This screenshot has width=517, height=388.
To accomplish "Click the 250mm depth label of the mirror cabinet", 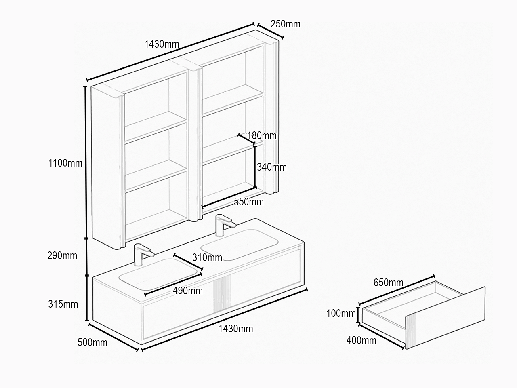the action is coord(286,24).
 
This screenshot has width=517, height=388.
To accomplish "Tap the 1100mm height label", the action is coord(65,163).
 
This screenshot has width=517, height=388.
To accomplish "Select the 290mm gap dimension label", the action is coord(62,255).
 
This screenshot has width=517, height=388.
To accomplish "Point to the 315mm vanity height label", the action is coord(63,304).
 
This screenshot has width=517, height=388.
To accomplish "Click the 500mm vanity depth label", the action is coord(92,342).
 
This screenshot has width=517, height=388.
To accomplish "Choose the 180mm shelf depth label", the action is coord(262,135).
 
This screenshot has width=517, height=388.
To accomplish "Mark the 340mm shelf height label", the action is coord(272,167).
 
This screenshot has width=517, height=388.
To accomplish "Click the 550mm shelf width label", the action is coord(249,202).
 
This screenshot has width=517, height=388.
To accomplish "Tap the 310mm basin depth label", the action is coord(207,257).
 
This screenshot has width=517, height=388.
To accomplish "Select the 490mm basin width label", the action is coord(188,291).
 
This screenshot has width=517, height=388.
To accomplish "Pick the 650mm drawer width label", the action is coord(389,283).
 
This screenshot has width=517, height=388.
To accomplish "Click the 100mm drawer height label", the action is coord(341,313).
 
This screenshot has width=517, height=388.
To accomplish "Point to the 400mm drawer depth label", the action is coord(361,340).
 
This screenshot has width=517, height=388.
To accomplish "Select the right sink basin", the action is coord(240,245).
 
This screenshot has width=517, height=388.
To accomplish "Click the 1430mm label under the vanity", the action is coord(235,329).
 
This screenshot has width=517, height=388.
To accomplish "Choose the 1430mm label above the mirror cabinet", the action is coord(162,44).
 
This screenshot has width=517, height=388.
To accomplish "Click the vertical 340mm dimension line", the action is coord(255,167).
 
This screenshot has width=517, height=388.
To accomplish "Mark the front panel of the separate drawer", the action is coord(445,318).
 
